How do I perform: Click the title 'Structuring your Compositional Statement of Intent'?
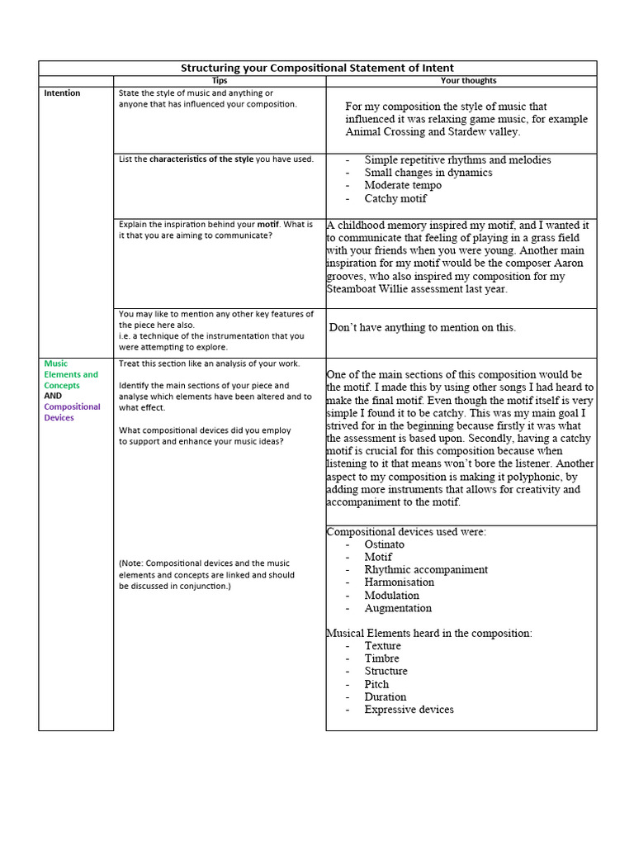(x=317, y=68)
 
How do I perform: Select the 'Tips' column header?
(x=220, y=81)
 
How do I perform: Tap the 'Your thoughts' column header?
(x=468, y=81)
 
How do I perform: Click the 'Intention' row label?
(x=62, y=93)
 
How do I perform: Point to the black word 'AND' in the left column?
(x=53, y=396)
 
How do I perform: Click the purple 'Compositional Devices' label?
(x=72, y=412)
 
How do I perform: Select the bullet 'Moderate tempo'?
(x=403, y=186)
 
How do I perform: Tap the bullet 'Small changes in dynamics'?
(x=428, y=173)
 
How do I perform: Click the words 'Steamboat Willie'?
(x=370, y=289)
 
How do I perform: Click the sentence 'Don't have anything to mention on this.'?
(x=423, y=327)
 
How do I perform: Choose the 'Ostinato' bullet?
(x=385, y=544)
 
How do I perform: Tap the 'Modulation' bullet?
(x=391, y=596)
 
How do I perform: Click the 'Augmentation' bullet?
(x=398, y=608)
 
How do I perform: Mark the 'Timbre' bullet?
(x=381, y=658)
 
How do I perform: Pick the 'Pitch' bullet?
(x=376, y=684)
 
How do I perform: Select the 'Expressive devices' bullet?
(x=409, y=710)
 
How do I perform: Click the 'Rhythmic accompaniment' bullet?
(x=426, y=570)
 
